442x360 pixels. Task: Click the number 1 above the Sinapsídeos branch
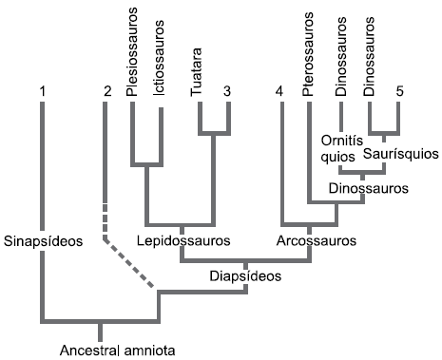pos(43,91)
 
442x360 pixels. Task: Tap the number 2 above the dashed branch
pos(107,91)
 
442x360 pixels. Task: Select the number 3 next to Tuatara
pos(227,91)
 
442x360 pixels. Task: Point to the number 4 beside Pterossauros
pos(279,91)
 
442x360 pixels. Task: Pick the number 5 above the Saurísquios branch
pos(400,91)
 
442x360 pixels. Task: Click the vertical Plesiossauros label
pos(132,52)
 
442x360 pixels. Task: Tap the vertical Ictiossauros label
pos(159,58)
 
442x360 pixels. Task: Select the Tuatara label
pos(197,72)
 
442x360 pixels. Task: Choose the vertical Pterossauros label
pos(307,54)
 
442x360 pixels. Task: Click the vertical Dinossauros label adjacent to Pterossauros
pos(341,57)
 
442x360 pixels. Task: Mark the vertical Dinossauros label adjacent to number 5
pos(369,57)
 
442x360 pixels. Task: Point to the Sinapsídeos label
pos(43,241)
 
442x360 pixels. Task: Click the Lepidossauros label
pos(183,241)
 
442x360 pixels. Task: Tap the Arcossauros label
pos(317,240)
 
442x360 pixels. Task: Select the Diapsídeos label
pos(245,276)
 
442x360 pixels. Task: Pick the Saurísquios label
pos(401,154)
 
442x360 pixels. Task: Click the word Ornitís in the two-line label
pos(342,141)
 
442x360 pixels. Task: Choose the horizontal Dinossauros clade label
pos(369,188)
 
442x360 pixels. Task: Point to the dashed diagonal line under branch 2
pos(129,263)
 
